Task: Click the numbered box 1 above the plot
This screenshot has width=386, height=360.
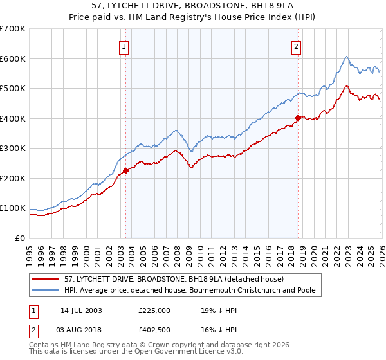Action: pyautogui.click(x=123, y=46)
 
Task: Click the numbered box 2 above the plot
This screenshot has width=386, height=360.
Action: pyautogui.click(x=296, y=46)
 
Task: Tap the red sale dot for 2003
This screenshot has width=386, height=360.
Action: pyautogui.click(x=126, y=170)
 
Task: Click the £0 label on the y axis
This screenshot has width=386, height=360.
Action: pyautogui.click(x=19, y=238)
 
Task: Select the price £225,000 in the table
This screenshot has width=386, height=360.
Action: pyautogui.click(x=154, y=310)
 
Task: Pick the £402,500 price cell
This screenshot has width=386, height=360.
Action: pyautogui.click(x=154, y=329)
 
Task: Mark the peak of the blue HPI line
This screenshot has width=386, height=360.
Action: pyautogui.click(x=346, y=57)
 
